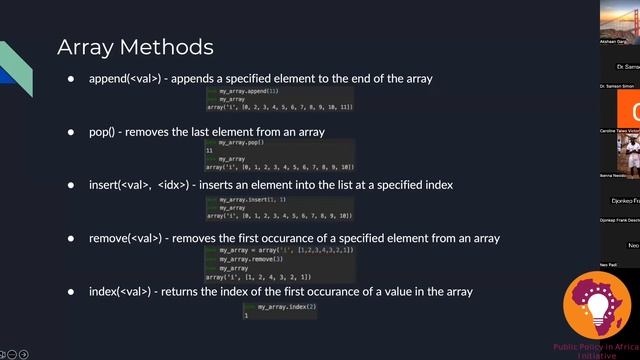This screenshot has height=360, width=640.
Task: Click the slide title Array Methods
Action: click(x=135, y=47)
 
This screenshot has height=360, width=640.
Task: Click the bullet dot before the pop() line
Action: click(x=71, y=132)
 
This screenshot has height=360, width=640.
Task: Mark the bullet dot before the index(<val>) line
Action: click(x=71, y=291)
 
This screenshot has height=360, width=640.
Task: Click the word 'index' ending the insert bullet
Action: click(x=439, y=185)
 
